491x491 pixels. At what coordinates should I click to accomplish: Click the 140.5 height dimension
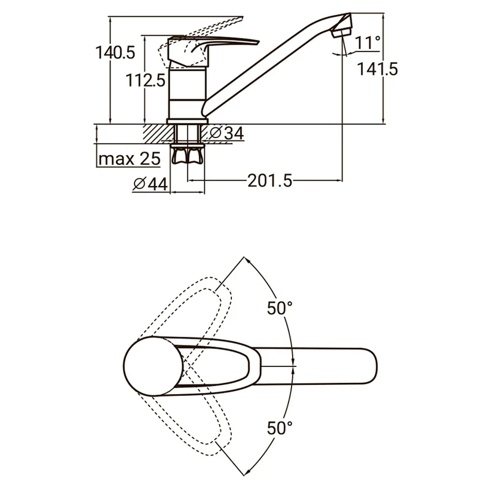115,53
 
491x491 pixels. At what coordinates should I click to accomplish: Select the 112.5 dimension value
145,80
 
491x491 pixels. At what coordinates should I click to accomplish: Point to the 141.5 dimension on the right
377,69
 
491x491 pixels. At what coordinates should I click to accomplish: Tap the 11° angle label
368,42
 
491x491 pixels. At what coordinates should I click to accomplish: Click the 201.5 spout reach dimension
270,180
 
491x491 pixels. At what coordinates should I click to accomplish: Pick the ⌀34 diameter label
226,133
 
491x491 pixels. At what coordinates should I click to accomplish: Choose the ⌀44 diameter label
150,184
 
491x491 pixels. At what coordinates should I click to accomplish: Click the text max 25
130,159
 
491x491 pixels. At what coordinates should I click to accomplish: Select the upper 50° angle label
280,308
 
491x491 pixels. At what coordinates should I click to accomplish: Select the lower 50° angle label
280,428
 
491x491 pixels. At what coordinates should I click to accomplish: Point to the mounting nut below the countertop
188,156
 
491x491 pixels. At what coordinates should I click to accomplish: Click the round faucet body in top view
153,366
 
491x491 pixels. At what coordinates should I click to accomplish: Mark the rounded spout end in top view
369,366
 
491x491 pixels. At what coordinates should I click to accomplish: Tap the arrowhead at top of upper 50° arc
247,260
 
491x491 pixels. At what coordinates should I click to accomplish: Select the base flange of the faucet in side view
188,122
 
